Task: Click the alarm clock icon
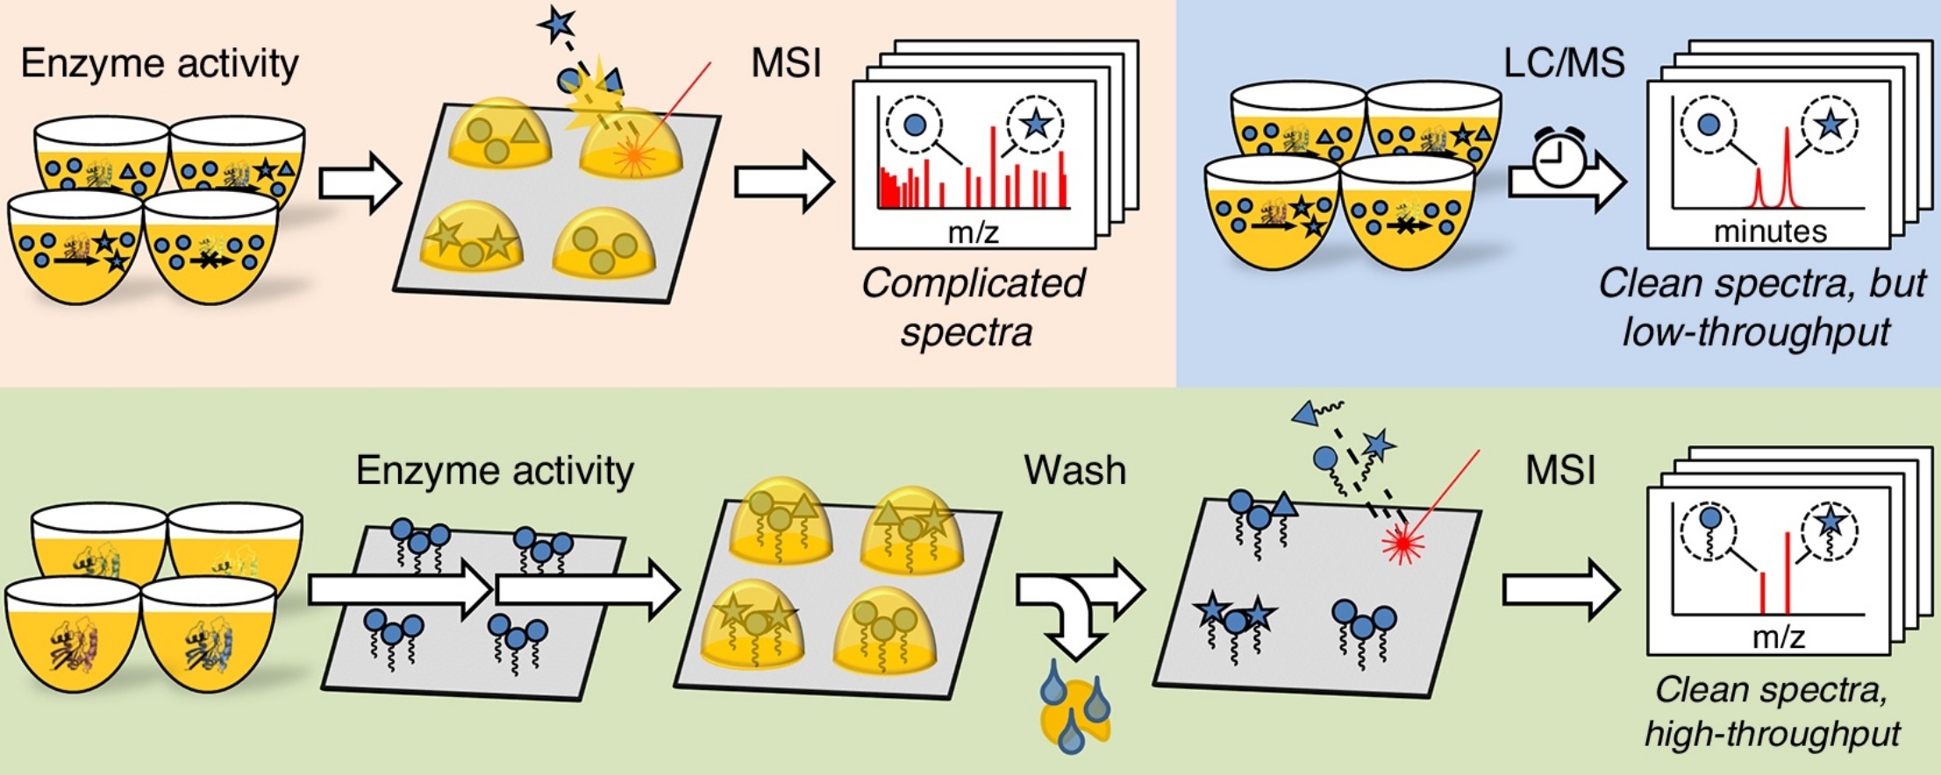tap(1559, 159)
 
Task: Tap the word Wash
tap(1074, 471)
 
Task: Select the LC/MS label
tap(1564, 62)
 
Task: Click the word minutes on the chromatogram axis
tap(1770, 231)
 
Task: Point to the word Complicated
tap(973, 283)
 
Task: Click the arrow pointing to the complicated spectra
tap(783, 182)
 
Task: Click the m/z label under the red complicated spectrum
tap(974, 232)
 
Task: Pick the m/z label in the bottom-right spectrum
tap(1778, 636)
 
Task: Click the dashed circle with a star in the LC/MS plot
tap(1830, 125)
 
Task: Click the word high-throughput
tap(1773, 733)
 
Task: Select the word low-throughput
tap(1756, 332)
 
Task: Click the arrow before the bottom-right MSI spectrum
tap(1560, 589)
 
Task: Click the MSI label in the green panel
tap(1560, 471)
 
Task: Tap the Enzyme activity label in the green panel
tap(495, 471)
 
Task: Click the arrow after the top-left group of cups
tap(360, 183)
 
